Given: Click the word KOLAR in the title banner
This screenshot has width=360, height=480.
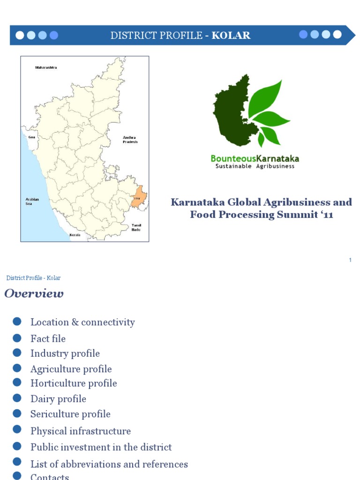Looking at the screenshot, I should click(231, 35).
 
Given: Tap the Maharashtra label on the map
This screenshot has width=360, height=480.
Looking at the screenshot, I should click(46, 67).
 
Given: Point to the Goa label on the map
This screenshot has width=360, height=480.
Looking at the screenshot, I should click(32, 137).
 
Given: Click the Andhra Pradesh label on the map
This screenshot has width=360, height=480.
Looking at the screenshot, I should click(130, 139).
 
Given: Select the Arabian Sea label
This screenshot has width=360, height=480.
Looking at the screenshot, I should click(32, 202).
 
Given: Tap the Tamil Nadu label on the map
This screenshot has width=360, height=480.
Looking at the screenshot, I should click(136, 227).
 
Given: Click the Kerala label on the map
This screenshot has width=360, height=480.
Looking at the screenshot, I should click(75, 235).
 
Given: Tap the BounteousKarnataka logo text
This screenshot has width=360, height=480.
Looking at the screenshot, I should click(255, 158).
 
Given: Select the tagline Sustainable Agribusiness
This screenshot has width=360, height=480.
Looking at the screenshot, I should click(255, 166).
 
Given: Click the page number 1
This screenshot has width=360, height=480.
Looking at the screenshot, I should click(350, 260).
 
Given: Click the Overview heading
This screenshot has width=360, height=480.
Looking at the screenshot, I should click(34, 294).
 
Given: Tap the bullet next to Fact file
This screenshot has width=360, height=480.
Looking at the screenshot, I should click(17, 337).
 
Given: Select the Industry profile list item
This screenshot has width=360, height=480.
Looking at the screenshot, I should click(65, 353).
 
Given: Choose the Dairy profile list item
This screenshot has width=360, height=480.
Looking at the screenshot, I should click(58, 399).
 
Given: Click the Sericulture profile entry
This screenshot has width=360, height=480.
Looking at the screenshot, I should click(70, 414).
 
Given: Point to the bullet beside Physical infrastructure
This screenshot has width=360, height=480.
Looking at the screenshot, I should click(17, 429).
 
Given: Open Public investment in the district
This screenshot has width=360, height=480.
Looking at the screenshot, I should click(101, 447).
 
